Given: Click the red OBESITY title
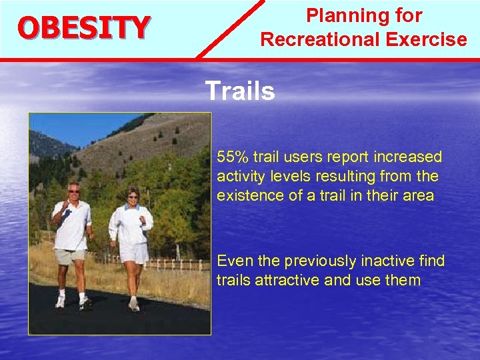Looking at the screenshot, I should (83, 28).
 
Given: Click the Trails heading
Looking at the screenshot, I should (239, 91).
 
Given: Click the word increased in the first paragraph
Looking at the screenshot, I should (408, 157).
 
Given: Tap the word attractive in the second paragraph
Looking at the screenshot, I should (288, 280).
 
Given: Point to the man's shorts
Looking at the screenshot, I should (71, 256).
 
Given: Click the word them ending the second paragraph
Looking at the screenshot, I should (403, 280).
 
